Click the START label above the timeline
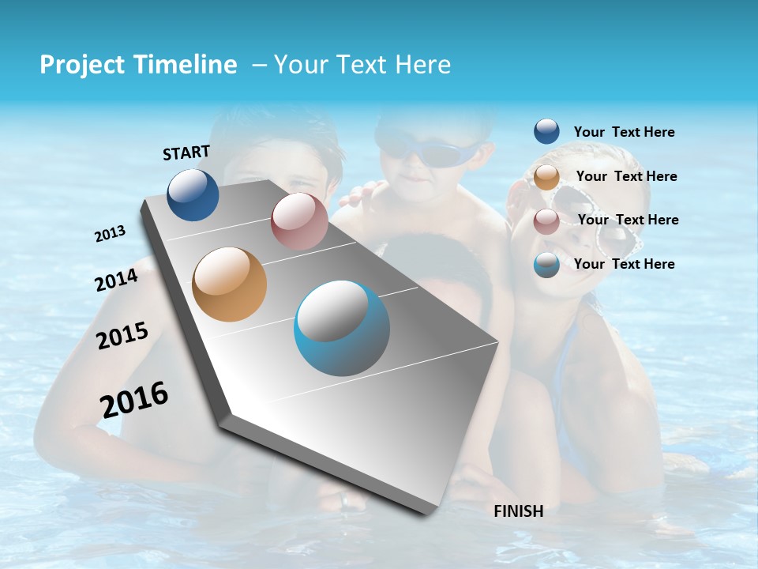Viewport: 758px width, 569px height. click(x=186, y=153)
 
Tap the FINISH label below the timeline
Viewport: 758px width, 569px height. click(x=518, y=511)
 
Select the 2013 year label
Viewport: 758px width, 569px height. click(x=110, y=234)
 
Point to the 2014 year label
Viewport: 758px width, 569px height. click(x=116, y=281)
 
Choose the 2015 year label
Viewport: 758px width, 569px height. click(x=122, y=336)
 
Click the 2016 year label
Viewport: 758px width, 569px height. click(x=134, y=400)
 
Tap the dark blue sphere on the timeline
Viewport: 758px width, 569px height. click(x=193, y=194)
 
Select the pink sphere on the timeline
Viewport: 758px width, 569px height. click(x=299, y=221)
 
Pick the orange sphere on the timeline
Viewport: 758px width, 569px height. click(x=230, y=284)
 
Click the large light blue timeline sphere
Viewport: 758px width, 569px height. click(x=342, y=328)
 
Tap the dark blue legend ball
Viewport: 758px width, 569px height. click(x=546, y=132)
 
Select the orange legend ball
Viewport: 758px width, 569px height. click(x=546, y=177)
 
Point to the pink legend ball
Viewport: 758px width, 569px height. click(x=546, y=221)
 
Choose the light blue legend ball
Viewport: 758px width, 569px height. click(x=546, y=265)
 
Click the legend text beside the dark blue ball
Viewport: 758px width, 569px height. click(x=624, y=132)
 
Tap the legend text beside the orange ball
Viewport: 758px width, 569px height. click(x=626, y=176)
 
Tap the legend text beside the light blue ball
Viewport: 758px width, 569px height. click(x=624, y=264)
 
